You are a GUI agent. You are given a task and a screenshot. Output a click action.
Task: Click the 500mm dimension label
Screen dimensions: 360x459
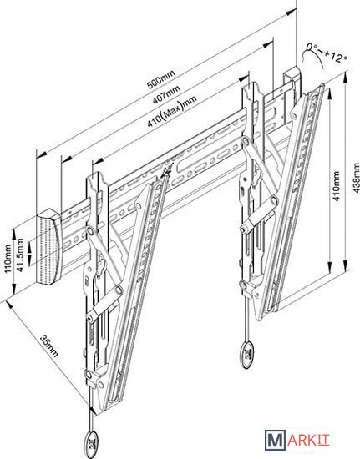(160, 79)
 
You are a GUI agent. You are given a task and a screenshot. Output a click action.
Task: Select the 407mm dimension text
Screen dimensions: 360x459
(166, 93)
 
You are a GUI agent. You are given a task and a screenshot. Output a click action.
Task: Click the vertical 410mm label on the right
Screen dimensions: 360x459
(337, 186)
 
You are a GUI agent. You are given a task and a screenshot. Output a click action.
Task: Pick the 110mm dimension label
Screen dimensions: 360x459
(8, 259)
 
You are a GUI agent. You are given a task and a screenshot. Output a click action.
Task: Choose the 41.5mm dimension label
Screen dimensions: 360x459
(20, 255)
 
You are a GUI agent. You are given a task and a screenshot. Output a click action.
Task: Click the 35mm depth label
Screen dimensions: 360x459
(49, 346)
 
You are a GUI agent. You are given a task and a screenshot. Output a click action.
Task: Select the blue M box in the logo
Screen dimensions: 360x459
(275, 440)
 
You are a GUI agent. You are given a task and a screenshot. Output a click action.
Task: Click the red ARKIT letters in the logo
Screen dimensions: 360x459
(308, 440)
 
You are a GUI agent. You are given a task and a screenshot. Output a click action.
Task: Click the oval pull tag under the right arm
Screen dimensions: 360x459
(247, 355)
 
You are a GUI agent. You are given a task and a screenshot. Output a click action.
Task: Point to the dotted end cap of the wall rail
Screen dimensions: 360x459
(48, 247)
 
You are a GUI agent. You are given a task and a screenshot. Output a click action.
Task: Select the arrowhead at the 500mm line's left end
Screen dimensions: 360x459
(41, 154)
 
